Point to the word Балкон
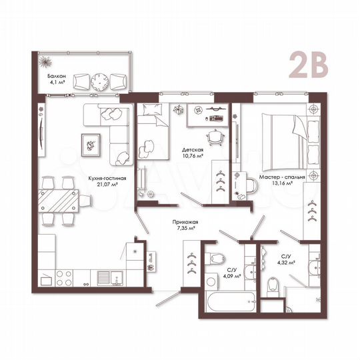pyautogui.click(x=57, y=77)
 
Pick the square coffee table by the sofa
pyautogui.click(x=89, y=142)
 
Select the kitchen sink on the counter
pyautogui.click(x=105, y=277)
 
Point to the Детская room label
pyautogui.click(x=191, y=150)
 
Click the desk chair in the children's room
pyautogui.click(x=213, y=135)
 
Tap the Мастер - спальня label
pyautogui.click(x=283, y=178)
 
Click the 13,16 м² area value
pyautogui.click(x=283, y=186)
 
